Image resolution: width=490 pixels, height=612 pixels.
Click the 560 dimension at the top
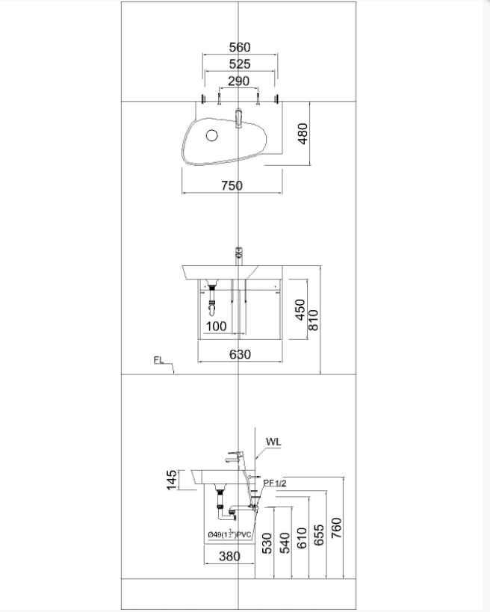point(239,48)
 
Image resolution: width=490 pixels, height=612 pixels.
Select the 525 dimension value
point(239,64)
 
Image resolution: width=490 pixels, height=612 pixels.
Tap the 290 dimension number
point(238,81)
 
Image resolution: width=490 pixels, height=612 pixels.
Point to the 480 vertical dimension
point(303,135)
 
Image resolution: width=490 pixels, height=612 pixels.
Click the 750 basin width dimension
point(232,185)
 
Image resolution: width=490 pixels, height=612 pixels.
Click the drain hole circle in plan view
point(211,135)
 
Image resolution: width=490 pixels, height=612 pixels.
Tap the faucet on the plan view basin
point(238,118)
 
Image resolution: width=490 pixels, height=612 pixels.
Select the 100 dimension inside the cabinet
point(216,327)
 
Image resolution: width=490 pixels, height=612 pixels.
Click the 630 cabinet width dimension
point(239,354)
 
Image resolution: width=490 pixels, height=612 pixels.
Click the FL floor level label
point(158,360)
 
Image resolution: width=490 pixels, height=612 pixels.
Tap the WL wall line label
point(273,442)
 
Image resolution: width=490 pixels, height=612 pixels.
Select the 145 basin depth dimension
point(172,480)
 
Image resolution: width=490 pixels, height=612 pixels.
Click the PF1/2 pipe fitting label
point(275,483)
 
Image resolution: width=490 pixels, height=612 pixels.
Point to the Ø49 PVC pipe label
point(230,535)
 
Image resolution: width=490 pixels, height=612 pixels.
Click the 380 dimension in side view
point(230,556)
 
